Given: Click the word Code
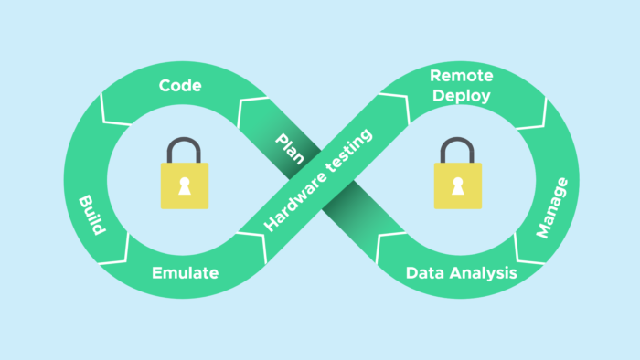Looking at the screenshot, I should point(180,85).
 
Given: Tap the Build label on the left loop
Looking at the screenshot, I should point(91,215).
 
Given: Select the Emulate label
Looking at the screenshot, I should point(185,272).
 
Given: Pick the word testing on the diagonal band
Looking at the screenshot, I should point(352,154).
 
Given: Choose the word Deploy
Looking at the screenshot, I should point(461,95).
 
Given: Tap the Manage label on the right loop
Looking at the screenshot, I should point(551,207).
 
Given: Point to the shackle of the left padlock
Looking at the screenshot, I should point(185,150).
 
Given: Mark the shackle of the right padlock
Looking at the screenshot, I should point(454,150).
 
